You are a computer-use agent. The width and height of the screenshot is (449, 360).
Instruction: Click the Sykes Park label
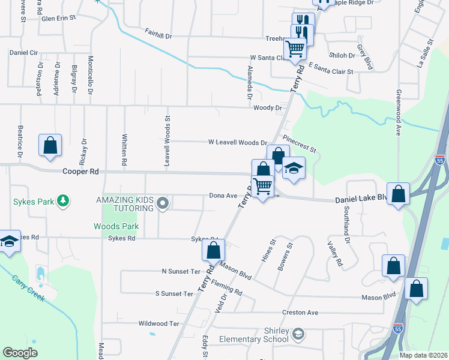(x=34, y=202)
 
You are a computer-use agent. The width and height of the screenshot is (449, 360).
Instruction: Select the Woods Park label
(x=116, y=226)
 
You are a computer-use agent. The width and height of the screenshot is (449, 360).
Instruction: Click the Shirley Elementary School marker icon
(x=298, y=334)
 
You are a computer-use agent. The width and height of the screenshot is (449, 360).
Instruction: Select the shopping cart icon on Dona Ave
(x=262, y=186)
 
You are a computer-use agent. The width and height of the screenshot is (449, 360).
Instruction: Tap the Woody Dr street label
(x=268, y=108)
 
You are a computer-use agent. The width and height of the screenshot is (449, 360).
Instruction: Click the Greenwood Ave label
(x=398, y=113)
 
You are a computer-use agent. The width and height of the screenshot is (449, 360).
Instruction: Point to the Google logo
(x=20, y=353)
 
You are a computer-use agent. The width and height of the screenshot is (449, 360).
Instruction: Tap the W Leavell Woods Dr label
(x=237, y=143)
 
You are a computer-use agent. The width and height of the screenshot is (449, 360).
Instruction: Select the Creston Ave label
(x=301, y=313)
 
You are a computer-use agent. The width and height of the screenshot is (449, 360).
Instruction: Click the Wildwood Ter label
(x=159, y=323)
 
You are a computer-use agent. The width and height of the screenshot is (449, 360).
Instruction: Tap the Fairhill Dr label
(x=158, y=36)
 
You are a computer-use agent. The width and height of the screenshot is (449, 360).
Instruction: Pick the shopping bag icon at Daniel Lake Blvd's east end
(x=398, y=194)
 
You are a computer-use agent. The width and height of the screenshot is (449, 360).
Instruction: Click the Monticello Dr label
(x=91, y=75)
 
